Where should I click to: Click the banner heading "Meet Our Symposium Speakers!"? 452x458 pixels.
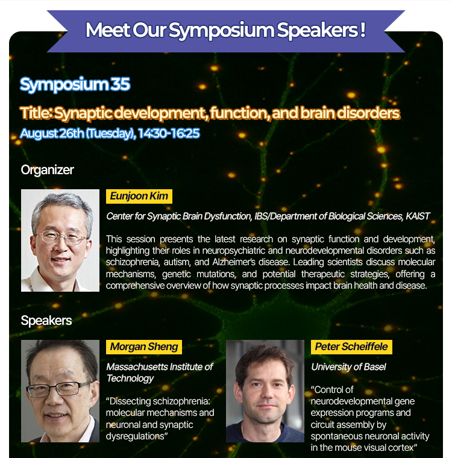click(x=225, y=30)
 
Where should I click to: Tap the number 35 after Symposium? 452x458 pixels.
click(x=120, y=84)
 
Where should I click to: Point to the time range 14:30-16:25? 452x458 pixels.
click(x=169, y=133)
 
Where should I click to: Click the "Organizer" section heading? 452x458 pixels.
click(x=48, y=170)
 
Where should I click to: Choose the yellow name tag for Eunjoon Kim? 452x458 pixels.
click(x=139, y=196)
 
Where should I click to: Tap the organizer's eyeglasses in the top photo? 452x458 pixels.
click(x=62, y=237)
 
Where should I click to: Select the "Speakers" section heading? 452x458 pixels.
click(x=46, y=321)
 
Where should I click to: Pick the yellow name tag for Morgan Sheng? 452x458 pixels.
click(x=144, y=347)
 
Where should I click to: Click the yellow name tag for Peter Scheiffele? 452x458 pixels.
click(x=351, y=347)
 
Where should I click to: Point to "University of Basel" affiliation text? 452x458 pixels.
click(x=348, y=367)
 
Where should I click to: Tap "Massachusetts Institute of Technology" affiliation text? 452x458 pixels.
click(x=160, y=372)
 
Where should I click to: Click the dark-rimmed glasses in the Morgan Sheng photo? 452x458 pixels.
click(x=58, y=389)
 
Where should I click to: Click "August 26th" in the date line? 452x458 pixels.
click(x=52, y=134)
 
